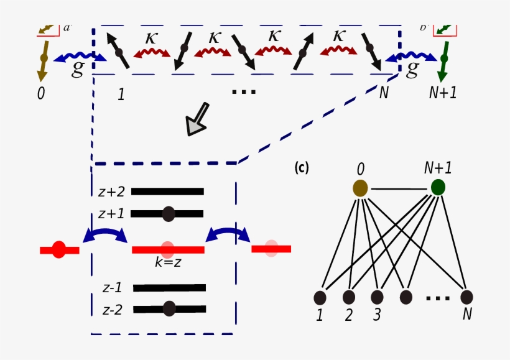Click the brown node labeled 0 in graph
(360, 188)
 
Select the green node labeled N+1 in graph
(438, 187)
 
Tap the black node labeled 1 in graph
(320, 297)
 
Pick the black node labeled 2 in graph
(348, 297)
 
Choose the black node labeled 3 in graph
(377, 297)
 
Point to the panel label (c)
(301, 168)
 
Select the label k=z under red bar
(168, 262)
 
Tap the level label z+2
(111, 192)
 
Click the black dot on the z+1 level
(168, 214)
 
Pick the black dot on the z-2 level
(169, 308)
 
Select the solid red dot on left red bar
(58, 250)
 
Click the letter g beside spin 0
(77, 69)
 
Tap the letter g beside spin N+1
(412, 69)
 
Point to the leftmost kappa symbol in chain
(151, 37)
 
